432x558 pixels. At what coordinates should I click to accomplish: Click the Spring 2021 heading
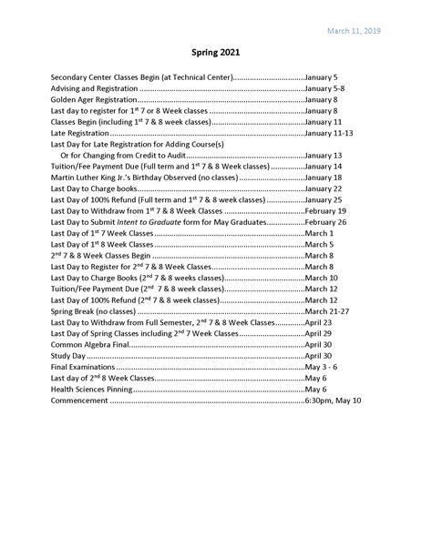(x=216, y=54)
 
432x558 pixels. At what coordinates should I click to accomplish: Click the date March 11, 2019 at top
(x=353, y=31)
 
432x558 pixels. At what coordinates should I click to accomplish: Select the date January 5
(x=322, y=77)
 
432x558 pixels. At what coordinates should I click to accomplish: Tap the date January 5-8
(x=325, y=88)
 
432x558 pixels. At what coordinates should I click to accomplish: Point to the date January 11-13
(x=328, y=133)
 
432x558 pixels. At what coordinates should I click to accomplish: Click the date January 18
(x=324, y=178)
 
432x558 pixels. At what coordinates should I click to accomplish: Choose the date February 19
(x=325, y=210)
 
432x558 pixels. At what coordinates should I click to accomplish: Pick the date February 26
(x=325, y=222)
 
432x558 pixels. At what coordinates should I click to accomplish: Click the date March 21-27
(x=327, y=311)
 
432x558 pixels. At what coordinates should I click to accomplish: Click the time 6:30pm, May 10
(x=334, y=400)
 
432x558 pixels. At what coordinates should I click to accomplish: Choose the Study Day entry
(x=69, y=356)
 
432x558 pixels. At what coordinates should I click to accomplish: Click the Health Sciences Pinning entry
(x=95, y=389)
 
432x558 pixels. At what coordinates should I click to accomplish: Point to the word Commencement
(x=79, y=400)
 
